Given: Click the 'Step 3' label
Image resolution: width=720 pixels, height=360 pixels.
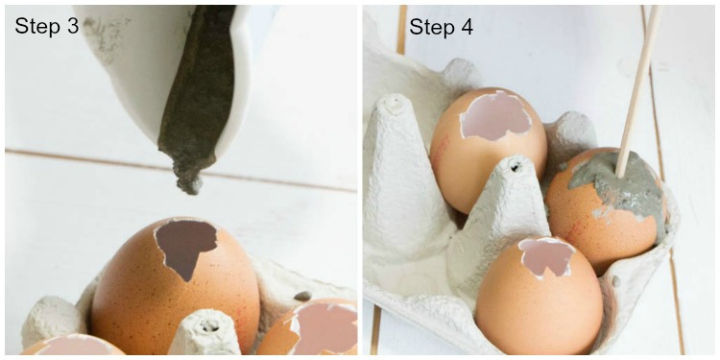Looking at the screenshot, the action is [x=46, y=26].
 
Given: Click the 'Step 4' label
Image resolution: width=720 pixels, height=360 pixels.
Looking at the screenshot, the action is [x=442, y=26].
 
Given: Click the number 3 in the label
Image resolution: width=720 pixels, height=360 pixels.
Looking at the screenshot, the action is [x=73, y=26].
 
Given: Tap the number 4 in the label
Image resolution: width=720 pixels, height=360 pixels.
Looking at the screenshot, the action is [x=467, y=26].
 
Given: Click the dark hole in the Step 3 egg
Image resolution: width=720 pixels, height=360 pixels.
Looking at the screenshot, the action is [x=185, y=247].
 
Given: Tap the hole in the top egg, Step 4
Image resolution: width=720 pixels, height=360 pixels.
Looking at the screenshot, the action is [x=496, y=116].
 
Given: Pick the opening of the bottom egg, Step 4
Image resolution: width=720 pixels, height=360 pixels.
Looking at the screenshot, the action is [x=546, y=257].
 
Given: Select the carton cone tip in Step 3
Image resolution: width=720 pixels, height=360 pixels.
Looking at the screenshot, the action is [x=205, y=331].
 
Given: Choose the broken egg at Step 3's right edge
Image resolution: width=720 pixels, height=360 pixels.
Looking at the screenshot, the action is [x=312, y=327].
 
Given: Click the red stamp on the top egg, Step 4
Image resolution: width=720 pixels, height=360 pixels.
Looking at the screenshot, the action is [x=440, y=151].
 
